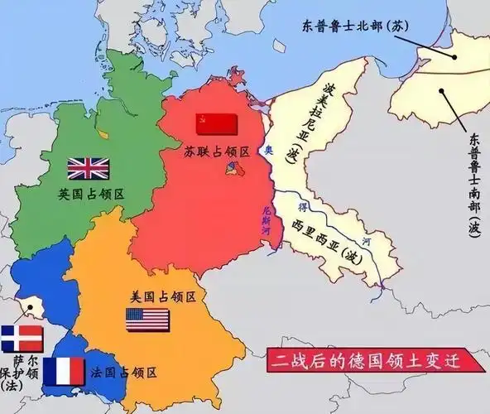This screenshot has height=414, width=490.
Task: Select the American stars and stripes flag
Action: point(147,320)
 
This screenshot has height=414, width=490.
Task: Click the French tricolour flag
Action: point(63,372)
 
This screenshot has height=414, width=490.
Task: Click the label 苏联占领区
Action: point(218,152)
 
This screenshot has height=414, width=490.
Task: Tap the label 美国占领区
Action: point(162,295)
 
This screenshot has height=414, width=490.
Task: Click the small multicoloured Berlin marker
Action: point(231,169)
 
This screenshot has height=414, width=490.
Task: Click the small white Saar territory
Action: point(31,308)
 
